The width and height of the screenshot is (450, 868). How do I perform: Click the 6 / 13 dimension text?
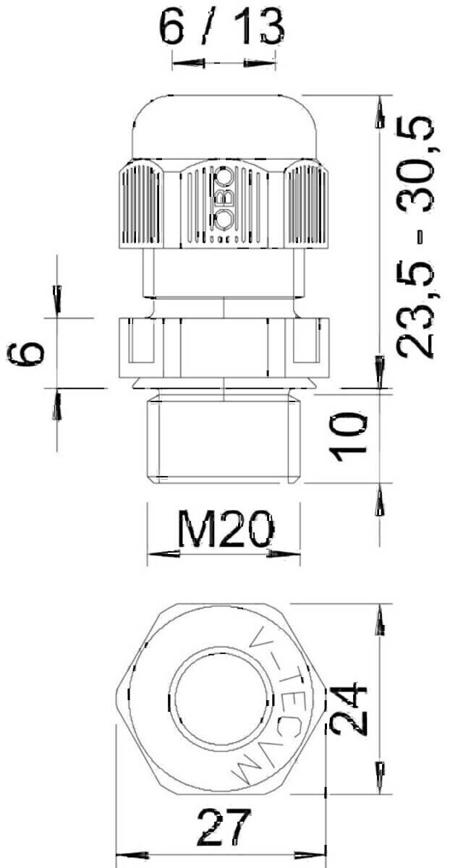click(221, 29)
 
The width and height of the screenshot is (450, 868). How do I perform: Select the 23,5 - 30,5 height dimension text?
click(417, 236)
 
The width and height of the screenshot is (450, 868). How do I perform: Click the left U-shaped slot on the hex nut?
click(142, 343)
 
